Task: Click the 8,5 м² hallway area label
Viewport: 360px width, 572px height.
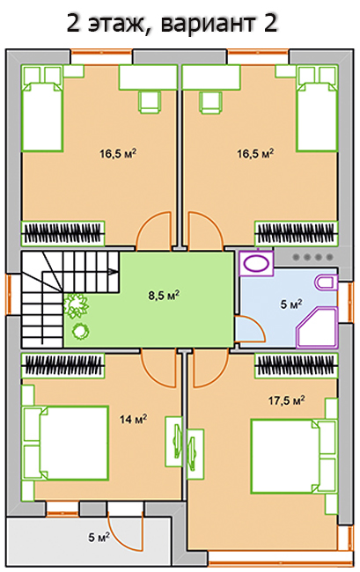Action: point(164,295)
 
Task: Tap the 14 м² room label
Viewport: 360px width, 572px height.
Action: point(133,419)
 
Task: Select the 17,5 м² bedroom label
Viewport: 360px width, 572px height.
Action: point(287,400)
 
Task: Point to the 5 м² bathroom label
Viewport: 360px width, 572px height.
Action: point(291,304)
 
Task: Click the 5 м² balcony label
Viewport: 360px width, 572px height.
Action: point(99,537)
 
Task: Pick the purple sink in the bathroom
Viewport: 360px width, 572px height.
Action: point(256,263)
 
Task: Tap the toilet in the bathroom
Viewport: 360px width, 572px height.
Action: point(326,282)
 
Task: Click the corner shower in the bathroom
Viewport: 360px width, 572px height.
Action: point(317,327)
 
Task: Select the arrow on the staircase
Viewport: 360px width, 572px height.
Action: point(113,271)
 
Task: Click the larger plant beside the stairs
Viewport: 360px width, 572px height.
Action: point(76,304)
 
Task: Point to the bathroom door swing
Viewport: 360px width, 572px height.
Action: point(250,329)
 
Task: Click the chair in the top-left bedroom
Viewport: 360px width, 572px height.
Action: point(150,102)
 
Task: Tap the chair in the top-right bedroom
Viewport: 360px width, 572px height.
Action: point(210,102)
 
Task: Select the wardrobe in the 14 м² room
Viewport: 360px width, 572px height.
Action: point(62,365)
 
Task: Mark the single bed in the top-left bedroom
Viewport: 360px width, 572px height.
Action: point(42,108)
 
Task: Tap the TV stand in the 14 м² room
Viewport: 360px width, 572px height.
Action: point(174,442)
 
